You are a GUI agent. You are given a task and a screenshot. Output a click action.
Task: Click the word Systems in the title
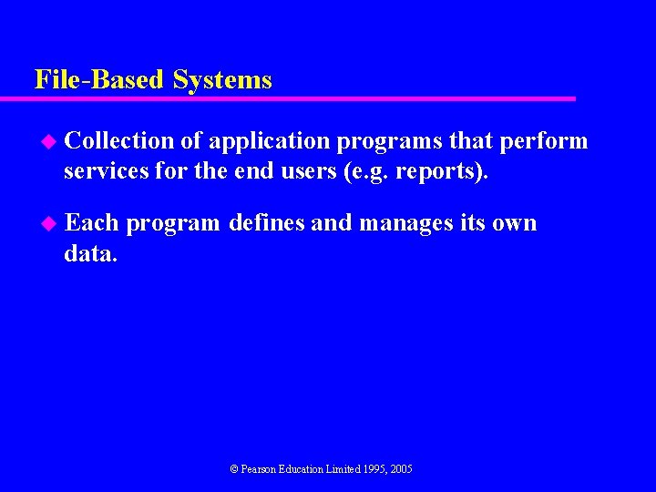point(222,80)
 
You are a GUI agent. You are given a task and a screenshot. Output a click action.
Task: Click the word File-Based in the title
point(100,80)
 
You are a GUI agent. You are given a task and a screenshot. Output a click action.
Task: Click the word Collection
point(119,141)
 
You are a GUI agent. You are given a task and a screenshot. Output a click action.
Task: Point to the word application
point(269,142)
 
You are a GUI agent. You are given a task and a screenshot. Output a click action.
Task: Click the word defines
point(267,223)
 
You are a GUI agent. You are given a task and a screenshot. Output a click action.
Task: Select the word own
point(514,223)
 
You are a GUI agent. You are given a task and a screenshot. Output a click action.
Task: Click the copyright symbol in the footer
point(233,469)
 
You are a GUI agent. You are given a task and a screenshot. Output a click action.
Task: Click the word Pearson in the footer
point(260,469)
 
